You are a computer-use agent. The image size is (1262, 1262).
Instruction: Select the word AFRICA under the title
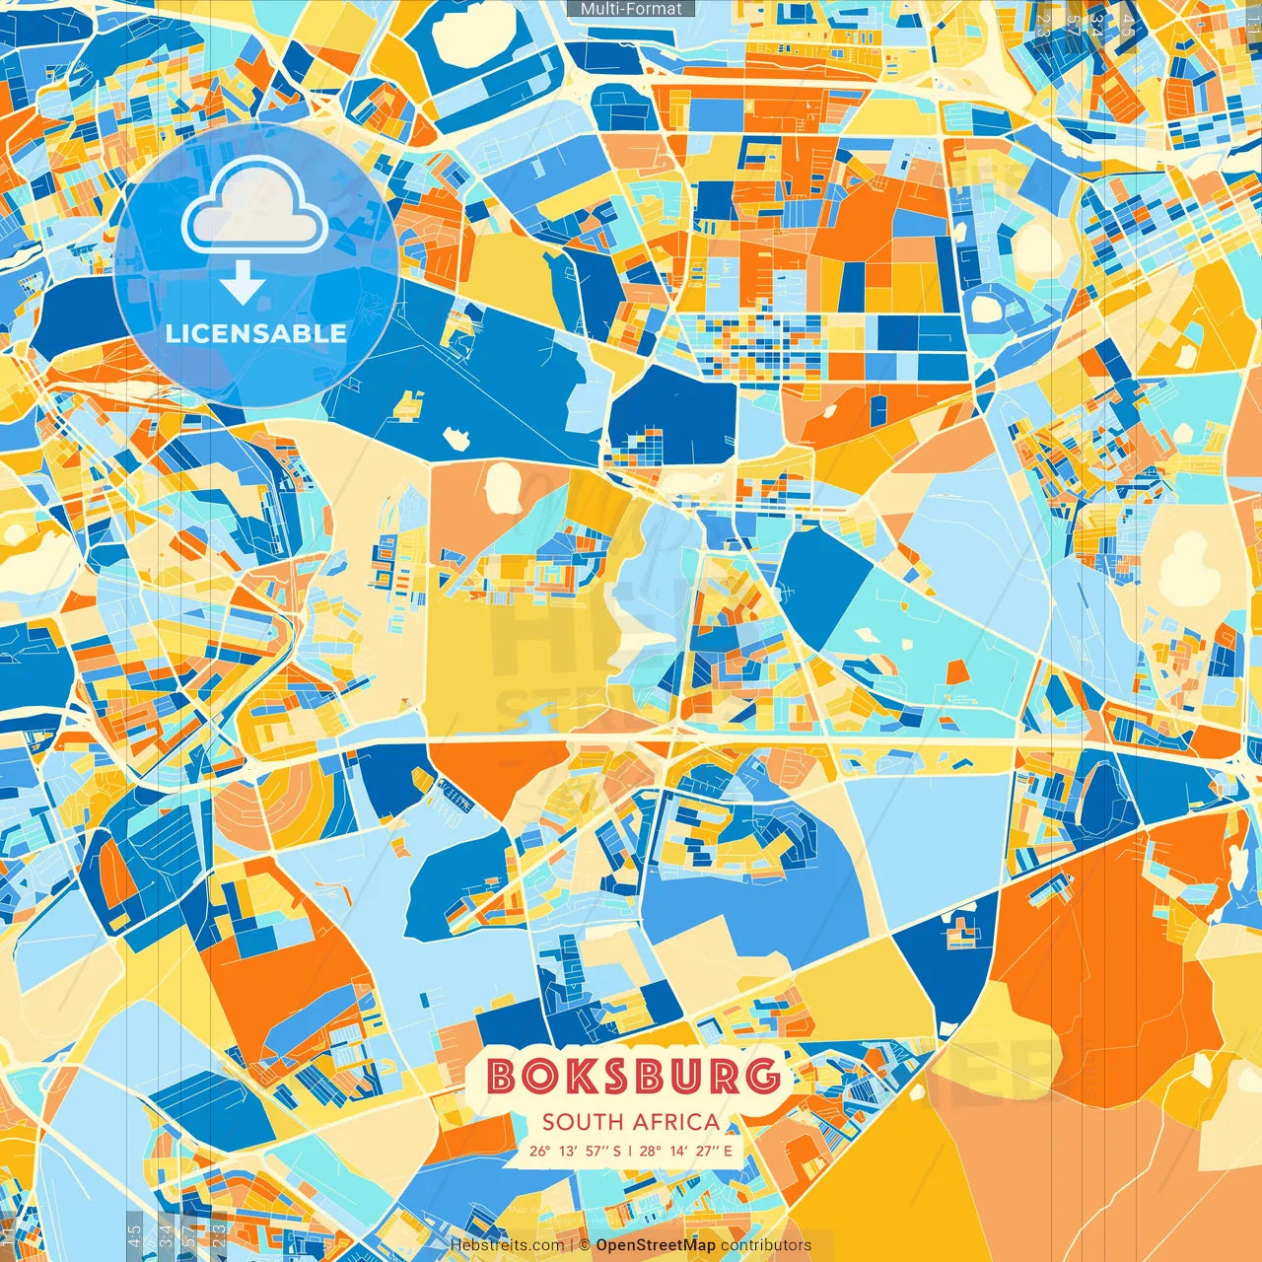[x=676, y=1122]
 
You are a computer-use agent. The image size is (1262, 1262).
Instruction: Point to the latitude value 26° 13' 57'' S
[x=575, y=1151]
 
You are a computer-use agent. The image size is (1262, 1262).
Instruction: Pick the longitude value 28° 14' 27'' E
[x=686, y=1151]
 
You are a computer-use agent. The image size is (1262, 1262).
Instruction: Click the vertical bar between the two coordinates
[x=630, y=1151]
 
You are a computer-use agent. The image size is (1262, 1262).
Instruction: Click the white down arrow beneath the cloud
[x=243, y=284]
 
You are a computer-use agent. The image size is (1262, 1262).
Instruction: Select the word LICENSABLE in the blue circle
[x=256, y=333]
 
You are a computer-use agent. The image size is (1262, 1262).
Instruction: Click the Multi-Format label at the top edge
[x=631, y=9]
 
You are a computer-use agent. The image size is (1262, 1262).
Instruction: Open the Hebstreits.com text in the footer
[x=507, y=1245]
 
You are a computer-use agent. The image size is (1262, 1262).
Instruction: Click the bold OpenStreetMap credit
[x=656, y=1245]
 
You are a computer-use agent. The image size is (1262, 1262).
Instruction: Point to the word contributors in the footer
[x=765, y=1245]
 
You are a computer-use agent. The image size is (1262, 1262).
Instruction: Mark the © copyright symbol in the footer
[x=585, y=1245]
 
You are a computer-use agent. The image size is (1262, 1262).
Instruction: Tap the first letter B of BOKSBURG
[x=503, y=1076]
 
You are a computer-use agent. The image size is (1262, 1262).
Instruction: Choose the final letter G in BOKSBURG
[x=762, y=1076]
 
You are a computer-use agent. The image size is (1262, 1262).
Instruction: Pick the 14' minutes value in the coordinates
[x=677, y=1151]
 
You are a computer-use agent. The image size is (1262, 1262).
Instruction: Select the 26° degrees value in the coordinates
[x=539, y=1151]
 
